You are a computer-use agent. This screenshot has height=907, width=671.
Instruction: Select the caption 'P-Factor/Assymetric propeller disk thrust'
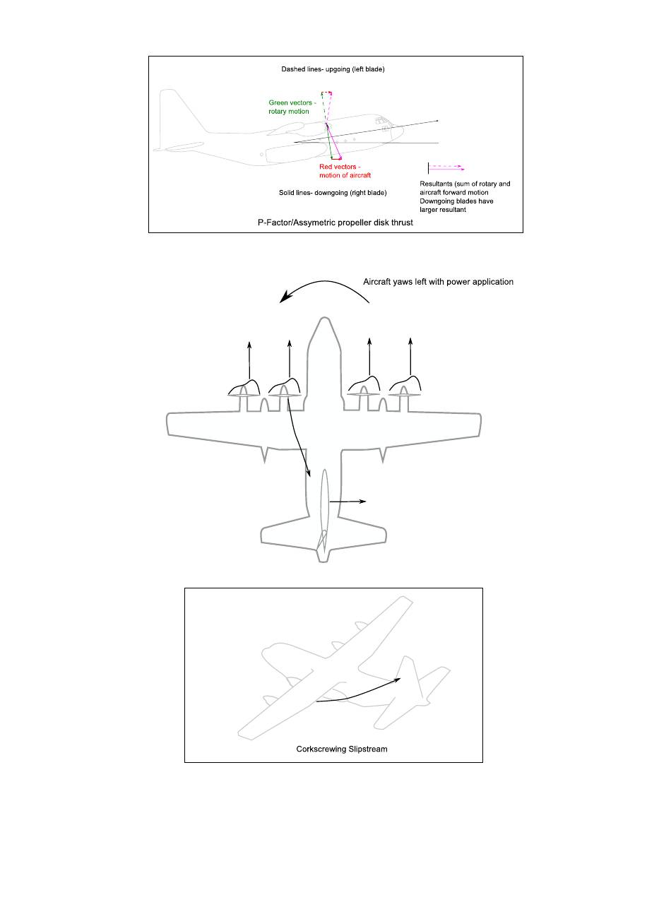pyautogui.click(x=335, y=222)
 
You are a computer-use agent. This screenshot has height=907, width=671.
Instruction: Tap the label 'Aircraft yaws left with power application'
pyautogui.click(x=438, y=282)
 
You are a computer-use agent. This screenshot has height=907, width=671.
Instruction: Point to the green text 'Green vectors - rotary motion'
pyautogui.click(x=292, y=107)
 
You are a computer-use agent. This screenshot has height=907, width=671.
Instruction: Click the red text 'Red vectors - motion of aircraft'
pyautogui.click(x=345, y=171)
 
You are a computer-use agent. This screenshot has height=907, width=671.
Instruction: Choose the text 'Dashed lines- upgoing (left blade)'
pyautogui.click(x=333, y=69)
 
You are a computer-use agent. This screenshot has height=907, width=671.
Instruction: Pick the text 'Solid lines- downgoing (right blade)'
pyautogui.click(x=333, y=192)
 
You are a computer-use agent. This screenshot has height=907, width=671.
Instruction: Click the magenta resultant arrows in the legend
pyautogui.click(x=446, y=168)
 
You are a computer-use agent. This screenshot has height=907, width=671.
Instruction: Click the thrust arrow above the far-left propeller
pyautogui.click(x=249, y=360)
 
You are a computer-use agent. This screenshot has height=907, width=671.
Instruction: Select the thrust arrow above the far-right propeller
pyautogui.click(x=411, y=360)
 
